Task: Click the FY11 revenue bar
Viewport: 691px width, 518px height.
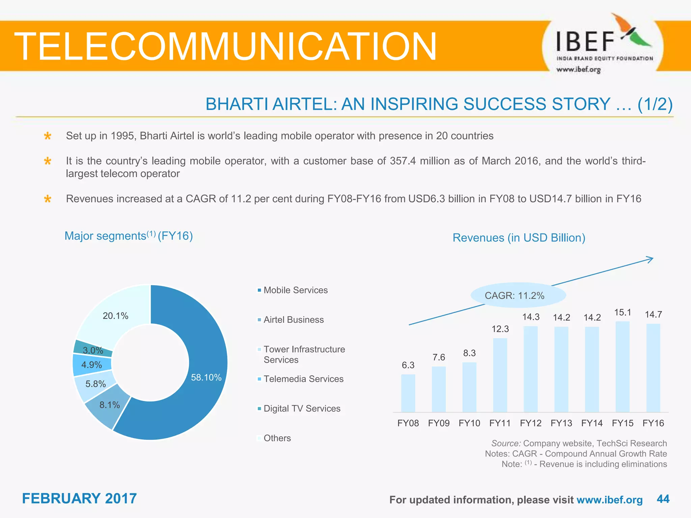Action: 500,375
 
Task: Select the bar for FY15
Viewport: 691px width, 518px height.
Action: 623,367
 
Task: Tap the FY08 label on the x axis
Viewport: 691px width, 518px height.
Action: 408,423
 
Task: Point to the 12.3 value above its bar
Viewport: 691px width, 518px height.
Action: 500,329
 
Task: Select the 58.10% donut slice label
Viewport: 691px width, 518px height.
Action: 206,377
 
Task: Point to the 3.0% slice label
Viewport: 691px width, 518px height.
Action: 93,350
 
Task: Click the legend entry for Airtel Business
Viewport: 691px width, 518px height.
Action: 293,320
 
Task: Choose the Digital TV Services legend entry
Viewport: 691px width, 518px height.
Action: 302,408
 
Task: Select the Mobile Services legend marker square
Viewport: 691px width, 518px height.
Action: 259,290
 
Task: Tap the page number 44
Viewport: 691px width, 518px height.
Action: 663,499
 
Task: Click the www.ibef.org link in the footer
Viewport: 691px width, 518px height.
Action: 609,500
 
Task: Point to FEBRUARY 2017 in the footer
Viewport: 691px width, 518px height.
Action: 79,498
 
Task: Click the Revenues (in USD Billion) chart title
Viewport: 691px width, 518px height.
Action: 519,238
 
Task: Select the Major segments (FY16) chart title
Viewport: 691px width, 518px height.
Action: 129,236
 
